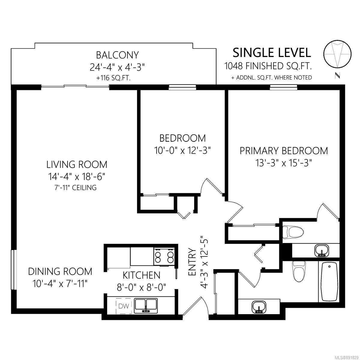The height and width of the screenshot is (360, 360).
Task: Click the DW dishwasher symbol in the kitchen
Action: tap(124, 306)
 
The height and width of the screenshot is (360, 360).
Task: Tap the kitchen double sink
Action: tap(146, 305)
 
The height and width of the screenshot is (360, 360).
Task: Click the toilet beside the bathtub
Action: tap(299, 271)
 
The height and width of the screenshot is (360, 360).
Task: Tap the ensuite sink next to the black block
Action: tap(322, 251)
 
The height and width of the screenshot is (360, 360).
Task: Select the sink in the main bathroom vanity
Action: tap(259, 307)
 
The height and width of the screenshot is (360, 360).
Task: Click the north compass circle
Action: tap(337, 53)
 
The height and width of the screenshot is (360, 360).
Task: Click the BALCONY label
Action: tap(117, 55)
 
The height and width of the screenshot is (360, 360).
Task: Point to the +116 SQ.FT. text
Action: tap(113, 78)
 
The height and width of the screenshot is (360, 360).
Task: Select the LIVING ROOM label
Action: tap(77, 164)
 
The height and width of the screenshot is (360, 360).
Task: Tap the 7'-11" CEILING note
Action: tap(76, 187)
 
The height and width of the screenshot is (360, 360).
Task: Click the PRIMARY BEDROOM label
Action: tap(284, 151)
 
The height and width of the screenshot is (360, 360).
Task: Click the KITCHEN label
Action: tap(141, 275)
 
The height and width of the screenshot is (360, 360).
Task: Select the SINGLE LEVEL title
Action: tap(272, 53)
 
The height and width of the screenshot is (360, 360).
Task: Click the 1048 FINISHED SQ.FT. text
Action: tap(268, 66)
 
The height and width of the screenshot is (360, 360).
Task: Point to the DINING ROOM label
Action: tap(60, 271)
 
